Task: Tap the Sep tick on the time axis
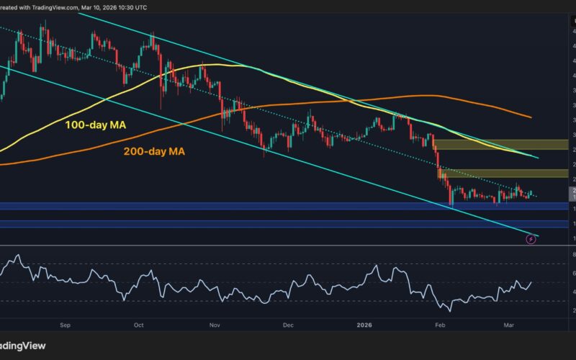(65, 325)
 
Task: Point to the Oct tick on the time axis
(139, 325)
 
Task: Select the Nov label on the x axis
(215, 325)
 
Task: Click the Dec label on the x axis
(288, 325)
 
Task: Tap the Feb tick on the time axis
(439, 325)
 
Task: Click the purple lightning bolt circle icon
(531, 239)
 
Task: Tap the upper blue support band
(288, 207)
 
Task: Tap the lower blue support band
(288, 224)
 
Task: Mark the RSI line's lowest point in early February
(451, 311)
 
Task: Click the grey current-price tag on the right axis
(572, 193)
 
